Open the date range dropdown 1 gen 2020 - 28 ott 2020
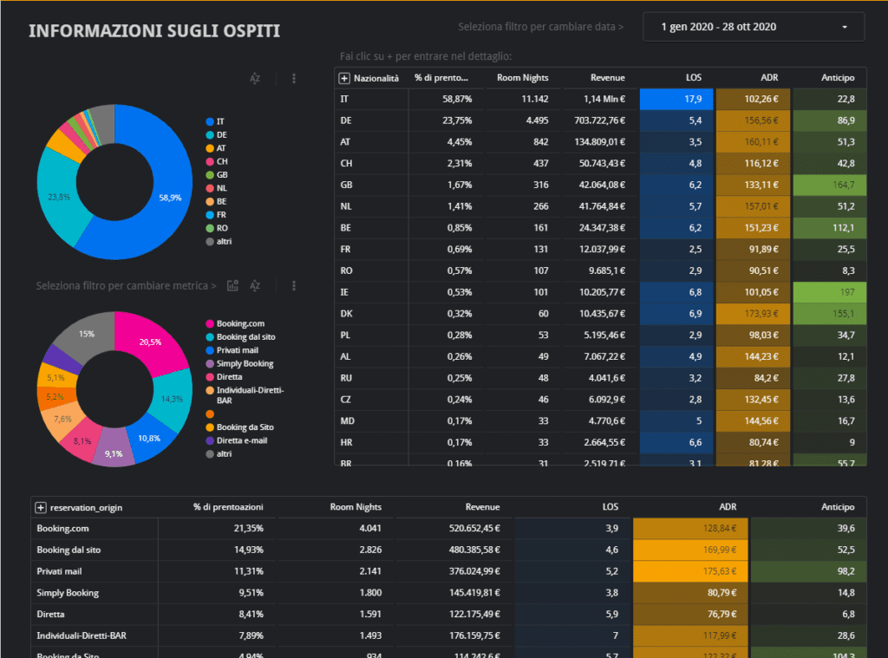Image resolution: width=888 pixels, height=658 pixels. point(753,27)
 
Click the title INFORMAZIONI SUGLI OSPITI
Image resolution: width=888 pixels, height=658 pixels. point(154,31)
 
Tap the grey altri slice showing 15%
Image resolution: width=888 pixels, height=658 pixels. point(88,334)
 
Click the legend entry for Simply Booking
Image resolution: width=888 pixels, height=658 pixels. point(245,364)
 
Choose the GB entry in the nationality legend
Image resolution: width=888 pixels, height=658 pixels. point(222,174)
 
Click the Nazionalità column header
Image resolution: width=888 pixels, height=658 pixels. point(375,78)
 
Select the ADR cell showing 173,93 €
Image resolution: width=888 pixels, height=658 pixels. point(754,314)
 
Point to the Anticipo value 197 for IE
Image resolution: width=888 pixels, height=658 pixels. point(829,292)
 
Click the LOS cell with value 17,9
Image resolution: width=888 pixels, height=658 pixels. point(676,99)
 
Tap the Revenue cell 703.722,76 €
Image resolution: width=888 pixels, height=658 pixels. point(594,121)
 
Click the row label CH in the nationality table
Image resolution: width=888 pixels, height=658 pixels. point(345,163)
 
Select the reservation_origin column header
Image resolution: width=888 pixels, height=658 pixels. point(87,507)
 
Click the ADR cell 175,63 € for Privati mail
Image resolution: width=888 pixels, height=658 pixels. point(690,571)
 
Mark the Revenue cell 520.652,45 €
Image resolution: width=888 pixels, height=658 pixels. point(457,528)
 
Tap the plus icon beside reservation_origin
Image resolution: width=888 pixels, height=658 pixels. point(41,507)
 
